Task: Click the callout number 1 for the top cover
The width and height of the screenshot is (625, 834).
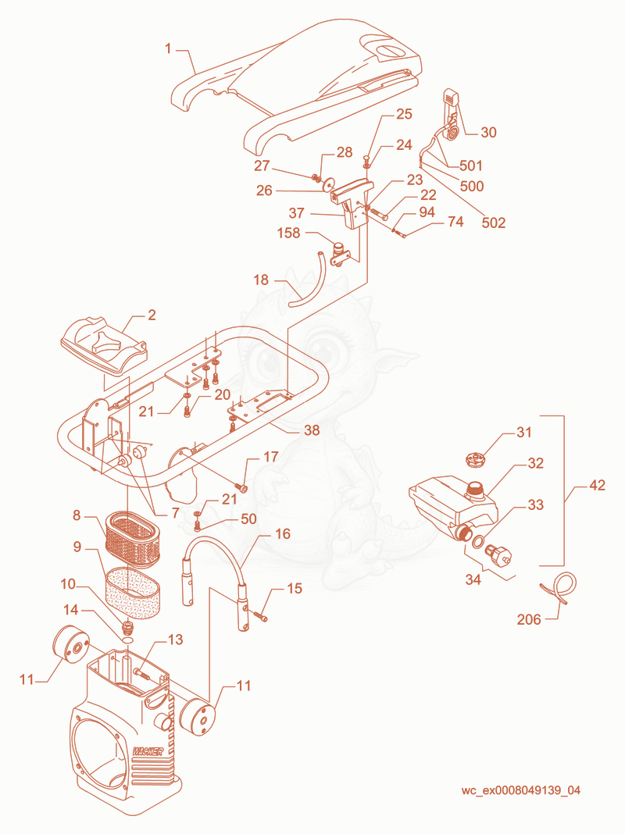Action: (168, 49)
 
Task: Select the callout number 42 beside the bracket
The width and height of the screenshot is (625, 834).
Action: (597, 485)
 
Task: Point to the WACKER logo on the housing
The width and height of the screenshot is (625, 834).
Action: (148, 751)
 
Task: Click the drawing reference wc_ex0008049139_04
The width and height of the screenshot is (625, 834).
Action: (521, 790)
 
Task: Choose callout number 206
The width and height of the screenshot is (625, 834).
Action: (529, 619)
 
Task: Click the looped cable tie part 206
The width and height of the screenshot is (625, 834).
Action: (559, 587)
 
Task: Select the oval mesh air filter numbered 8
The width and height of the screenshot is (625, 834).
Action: (134, 539)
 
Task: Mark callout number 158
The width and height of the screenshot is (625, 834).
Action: (289, 233)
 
